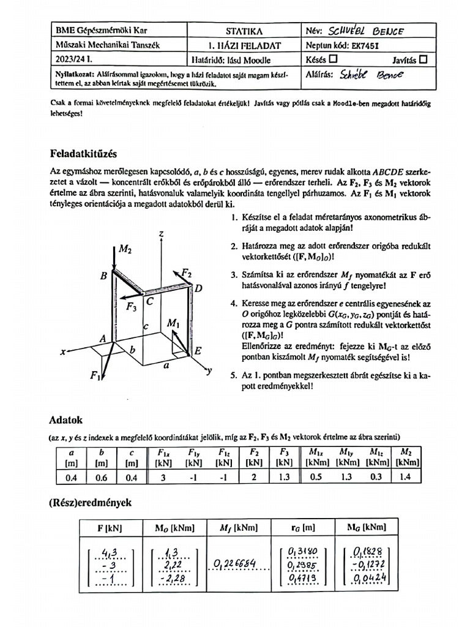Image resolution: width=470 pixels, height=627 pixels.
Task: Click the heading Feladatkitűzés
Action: click(88, 153)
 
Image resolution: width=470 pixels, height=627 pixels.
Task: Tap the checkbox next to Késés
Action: click(333, 60)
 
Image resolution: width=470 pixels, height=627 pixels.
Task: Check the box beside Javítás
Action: click(423, 60)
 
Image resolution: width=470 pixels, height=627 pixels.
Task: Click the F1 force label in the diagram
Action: click(95, 376)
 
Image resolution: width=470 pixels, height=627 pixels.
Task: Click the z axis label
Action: click(160, 234)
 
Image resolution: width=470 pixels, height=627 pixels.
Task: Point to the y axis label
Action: click(209, 370)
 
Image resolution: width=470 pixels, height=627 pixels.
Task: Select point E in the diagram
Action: click(198, 350)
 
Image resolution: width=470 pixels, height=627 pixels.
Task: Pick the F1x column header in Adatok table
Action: click(163, 453)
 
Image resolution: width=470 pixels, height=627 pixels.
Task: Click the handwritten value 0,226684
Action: click(236, 563)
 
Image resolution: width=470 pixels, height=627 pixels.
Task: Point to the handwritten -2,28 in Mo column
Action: click(173, 579)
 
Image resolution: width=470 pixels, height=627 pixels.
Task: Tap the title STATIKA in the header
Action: click(244, 30)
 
